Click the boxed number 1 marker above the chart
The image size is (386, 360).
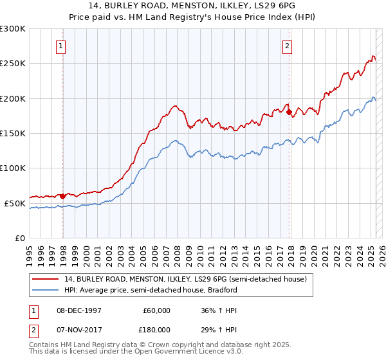click(60, 46)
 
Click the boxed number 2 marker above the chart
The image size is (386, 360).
click(286, 46)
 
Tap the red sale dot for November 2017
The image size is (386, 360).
click(289, 113)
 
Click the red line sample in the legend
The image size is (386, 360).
click(46, 279)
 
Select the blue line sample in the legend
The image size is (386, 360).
click(46, 290)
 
